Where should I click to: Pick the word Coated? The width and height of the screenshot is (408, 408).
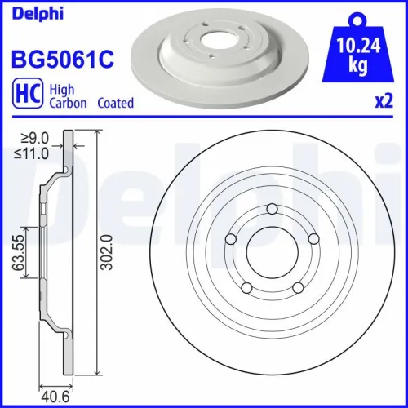(116, 104)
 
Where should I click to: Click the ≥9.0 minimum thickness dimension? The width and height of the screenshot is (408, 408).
(34, 139)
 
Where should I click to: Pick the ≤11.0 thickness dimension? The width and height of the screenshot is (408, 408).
(34, 153)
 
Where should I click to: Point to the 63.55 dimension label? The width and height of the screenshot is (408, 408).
(17, 252)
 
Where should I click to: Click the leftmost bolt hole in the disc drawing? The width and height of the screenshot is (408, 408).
(231, 239)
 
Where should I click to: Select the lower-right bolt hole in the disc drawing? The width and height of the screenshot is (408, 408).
(297, 286)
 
